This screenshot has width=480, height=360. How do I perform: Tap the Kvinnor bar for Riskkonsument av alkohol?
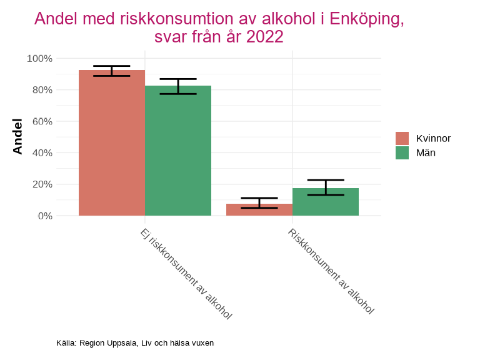pyautogui.click(x=259, y=210)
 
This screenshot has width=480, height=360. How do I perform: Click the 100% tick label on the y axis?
pyautogui.click(x=39, y=59)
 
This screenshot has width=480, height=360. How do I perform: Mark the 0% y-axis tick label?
pyautogui.click(x=44, y=216)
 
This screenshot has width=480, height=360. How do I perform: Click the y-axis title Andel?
pyautogui.click(x=17, y=137)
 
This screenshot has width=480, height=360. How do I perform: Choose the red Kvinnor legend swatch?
pyautogui.click(x=402, y=138)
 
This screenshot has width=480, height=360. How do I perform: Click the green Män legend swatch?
pyautogui.click(x=402, y=152)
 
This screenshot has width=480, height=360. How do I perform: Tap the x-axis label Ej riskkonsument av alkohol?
pyautogui.click(x=186, y=274)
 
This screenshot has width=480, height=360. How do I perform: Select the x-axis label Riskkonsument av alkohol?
pyautogui.click(x=331, y=271)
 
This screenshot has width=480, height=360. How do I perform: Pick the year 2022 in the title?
pyautogui.click(x=265, y=37)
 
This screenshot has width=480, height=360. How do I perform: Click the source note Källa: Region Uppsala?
pyautogui.click(x=135, y=343)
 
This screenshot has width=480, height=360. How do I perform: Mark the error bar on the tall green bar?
pyautogui.click(x=178, y=86)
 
